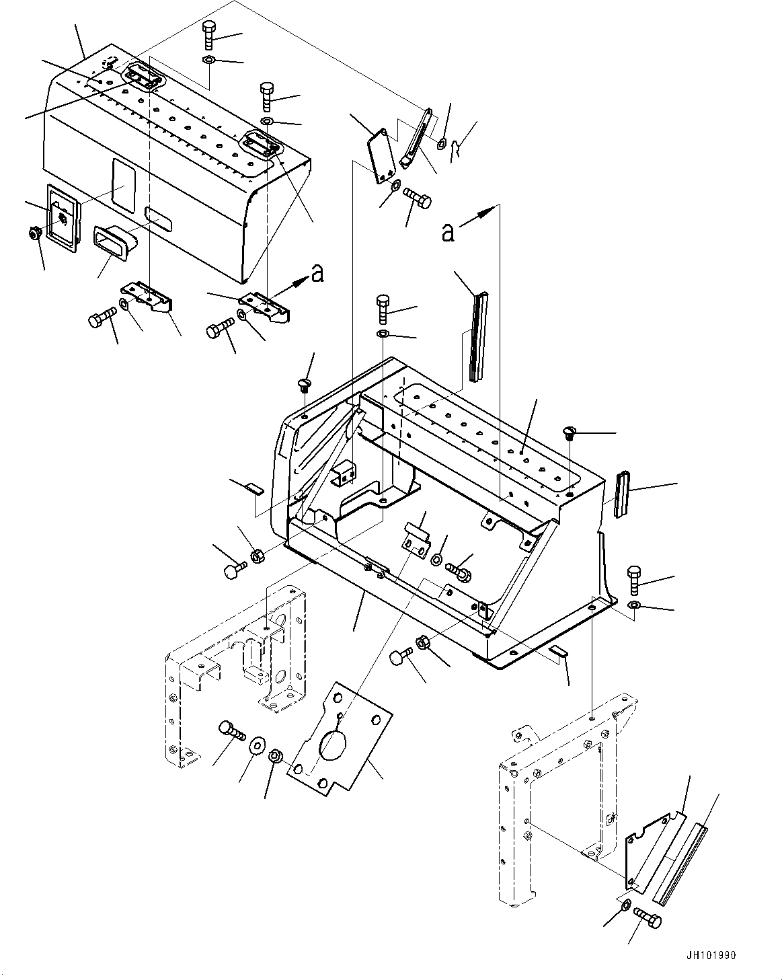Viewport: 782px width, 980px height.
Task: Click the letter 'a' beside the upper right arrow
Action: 448,232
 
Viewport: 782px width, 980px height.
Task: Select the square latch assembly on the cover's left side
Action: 63,217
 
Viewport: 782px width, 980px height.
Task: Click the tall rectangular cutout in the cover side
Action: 122,183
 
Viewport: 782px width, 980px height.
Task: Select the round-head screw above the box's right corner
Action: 570,431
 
